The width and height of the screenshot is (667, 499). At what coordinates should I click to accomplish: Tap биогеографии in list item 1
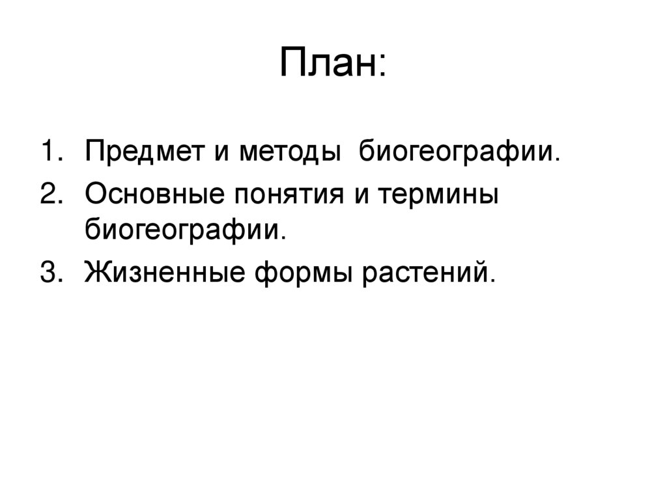tap(459, 154)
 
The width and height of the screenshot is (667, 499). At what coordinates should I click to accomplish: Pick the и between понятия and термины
tap(357, 195)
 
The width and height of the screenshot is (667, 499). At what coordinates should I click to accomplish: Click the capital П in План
tap(292, 63)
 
